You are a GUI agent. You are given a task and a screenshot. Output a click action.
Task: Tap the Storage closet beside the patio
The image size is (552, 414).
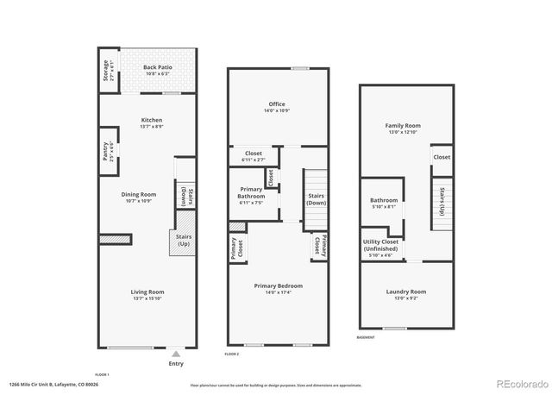point(107,70)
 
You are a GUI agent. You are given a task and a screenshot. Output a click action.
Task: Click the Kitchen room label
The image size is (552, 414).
point(152,120)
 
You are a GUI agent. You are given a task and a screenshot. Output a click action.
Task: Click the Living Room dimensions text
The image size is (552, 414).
point(147,298)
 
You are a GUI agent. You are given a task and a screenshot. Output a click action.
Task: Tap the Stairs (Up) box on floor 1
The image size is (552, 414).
point(183,240)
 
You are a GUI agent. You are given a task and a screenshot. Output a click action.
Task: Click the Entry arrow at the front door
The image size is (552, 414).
point(176,353)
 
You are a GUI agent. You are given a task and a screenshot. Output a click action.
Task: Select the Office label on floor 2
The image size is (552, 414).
point(277,104)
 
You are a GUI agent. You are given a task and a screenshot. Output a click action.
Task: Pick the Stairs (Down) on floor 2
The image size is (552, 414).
point(316,198)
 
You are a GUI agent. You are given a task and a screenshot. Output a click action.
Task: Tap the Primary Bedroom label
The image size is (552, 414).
point(278,285)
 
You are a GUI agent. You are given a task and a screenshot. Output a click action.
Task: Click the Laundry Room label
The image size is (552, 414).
point(405,292)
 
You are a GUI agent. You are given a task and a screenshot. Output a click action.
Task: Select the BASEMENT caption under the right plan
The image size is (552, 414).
point(365,337)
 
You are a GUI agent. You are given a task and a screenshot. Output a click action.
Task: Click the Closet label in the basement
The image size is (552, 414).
point(442,157)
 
